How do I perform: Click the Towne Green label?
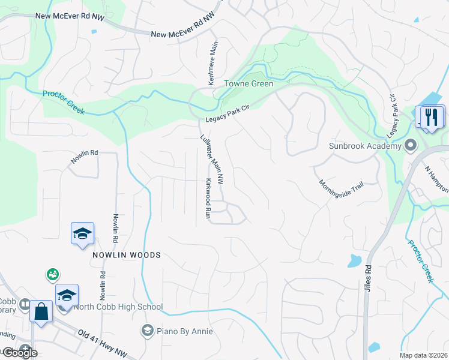pyautogui.click(x=249, y=84)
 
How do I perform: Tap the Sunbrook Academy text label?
pyautogui.click(x=364, y=146)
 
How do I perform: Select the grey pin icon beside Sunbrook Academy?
pyautogui.click(x=411, y=145)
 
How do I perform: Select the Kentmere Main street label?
pyautogui.click(x=213, y=63)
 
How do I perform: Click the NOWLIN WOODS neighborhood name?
pyautogui.click(x=127, y=255)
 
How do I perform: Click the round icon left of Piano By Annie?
pyautogui.click(x=147, y=330)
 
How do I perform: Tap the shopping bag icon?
pyautogui.click(x=41, y=312)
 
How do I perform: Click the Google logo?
pyautogui.click(x=20, y=352)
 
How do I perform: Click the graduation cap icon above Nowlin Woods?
pyautogui.click(x=82, y=233)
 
